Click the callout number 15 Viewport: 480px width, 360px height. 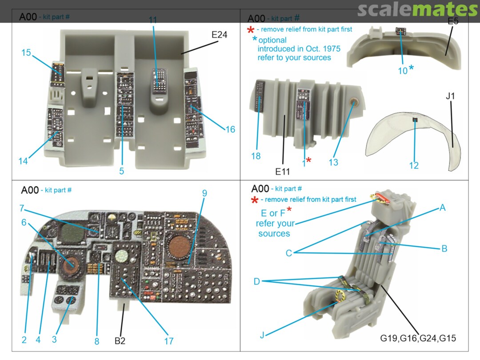coord(26,52)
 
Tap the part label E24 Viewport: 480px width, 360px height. coord(220,34)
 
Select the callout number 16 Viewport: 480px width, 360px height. coord(230,129)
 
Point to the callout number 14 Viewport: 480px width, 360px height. coord(23,161)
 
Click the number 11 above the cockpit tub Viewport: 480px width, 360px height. coord(153,20)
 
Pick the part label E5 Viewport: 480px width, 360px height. coord(453,21)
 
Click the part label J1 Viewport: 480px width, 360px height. coord(451,96)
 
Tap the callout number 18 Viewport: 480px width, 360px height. coord(256,156)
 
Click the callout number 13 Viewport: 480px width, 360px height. coord(333,162)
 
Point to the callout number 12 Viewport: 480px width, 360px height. coord(414,165)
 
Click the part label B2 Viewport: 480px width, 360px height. coord(120,341)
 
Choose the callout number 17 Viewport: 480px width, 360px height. coord(168,341)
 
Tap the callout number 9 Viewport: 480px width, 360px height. coord(204,193)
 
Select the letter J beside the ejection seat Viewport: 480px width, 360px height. coord(262,335)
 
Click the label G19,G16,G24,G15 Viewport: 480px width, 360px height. coord(418,338)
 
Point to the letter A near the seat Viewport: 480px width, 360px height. coord(442,208)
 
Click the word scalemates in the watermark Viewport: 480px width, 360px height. coord(417,10)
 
